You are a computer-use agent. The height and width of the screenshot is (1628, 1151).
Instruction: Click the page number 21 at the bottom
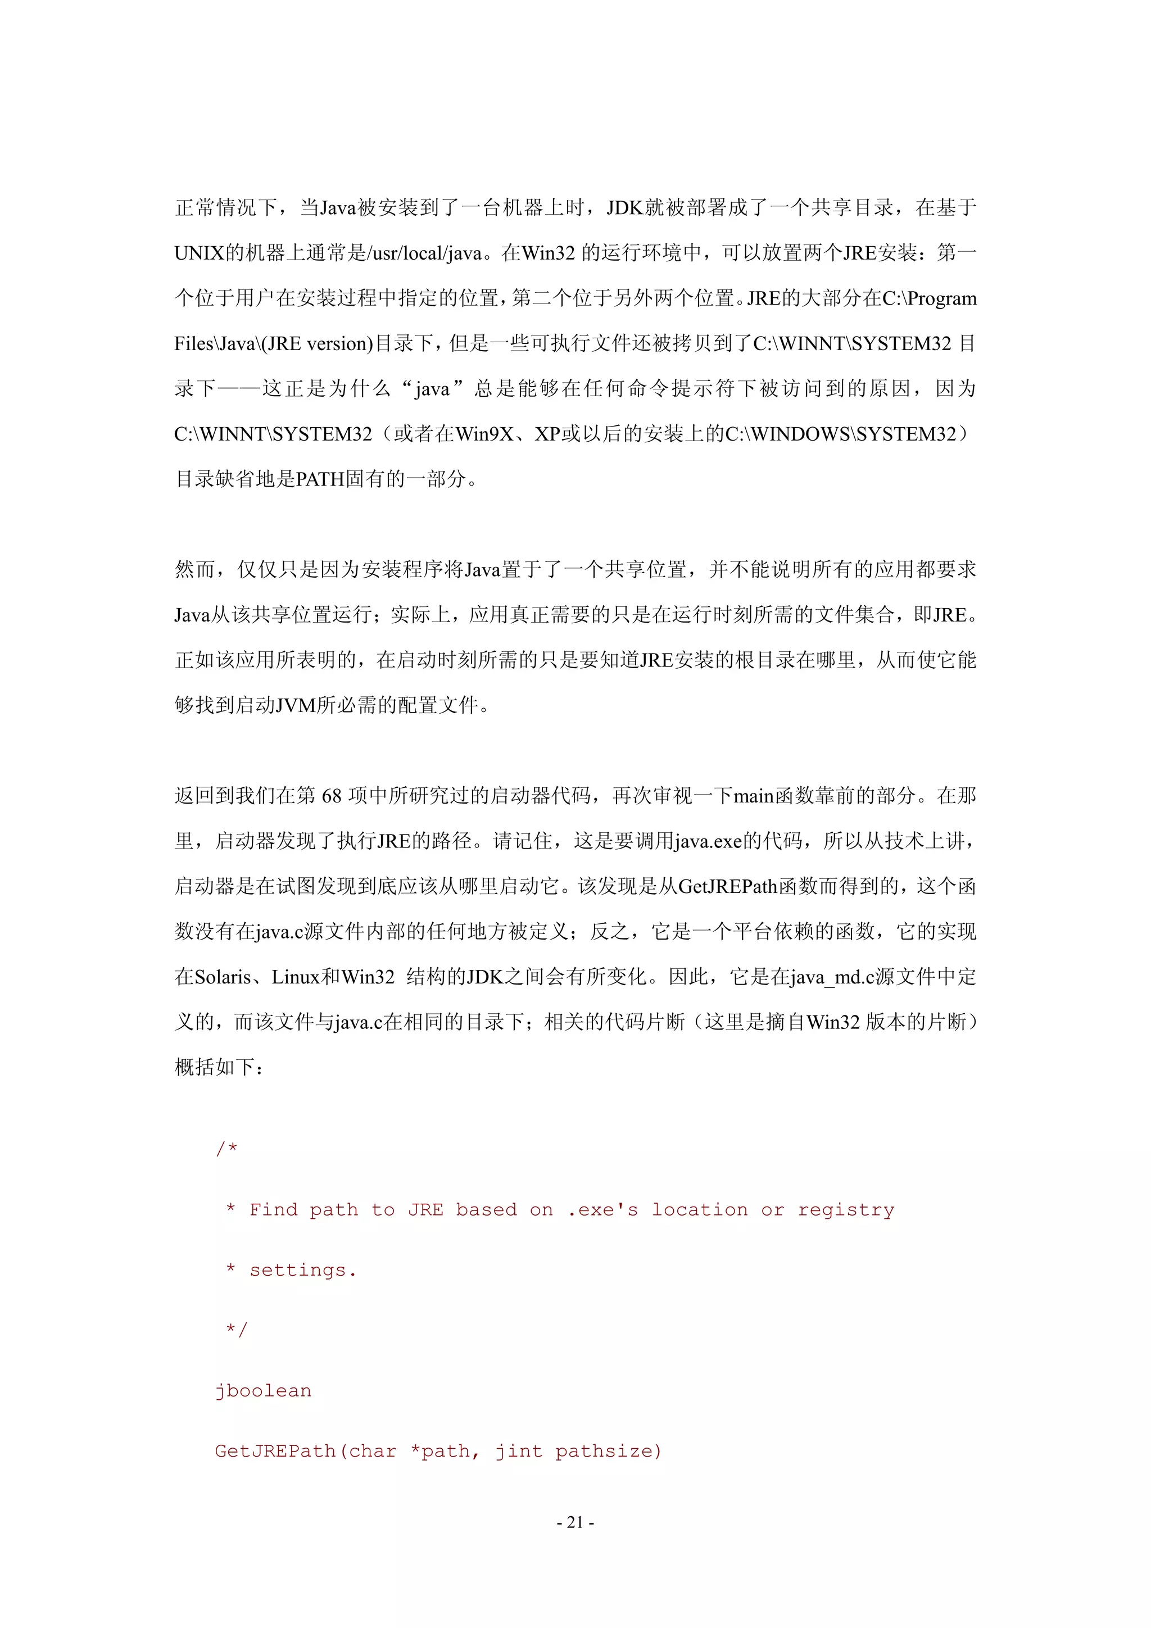point(575,1522)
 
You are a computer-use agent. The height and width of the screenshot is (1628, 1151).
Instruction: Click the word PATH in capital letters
point(320,479)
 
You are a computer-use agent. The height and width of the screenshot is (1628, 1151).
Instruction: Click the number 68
point(332,796)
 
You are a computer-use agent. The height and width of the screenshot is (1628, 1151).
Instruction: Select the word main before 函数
point(753,796)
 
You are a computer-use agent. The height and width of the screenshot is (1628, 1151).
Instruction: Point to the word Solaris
point(222,977)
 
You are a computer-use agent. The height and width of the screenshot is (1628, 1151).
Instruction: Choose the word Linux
point(296,977)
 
